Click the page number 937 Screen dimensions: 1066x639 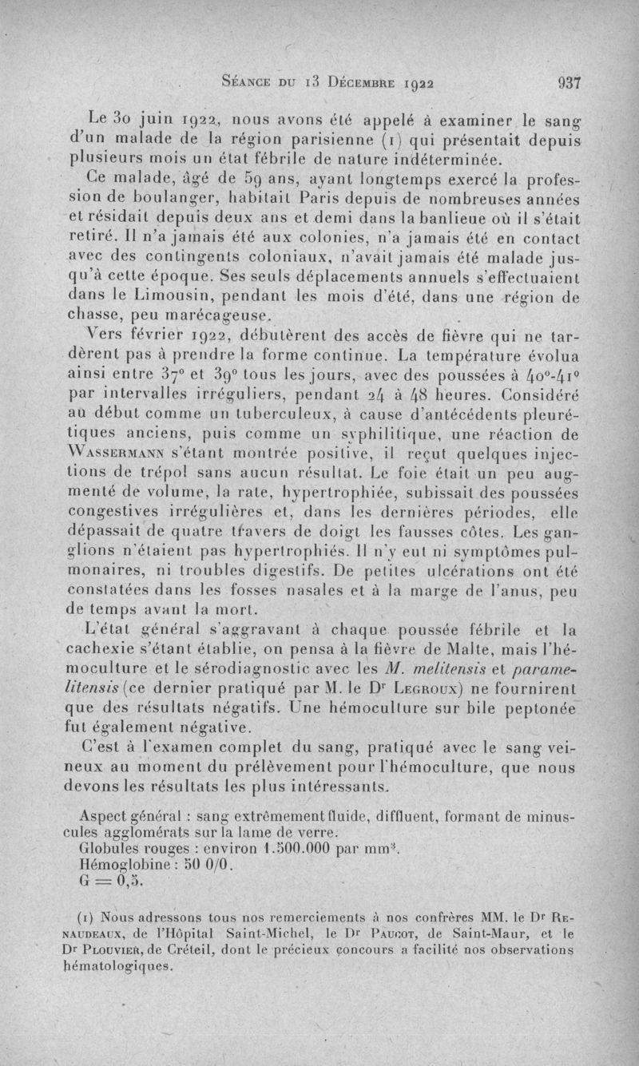click(x=569, y=81)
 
